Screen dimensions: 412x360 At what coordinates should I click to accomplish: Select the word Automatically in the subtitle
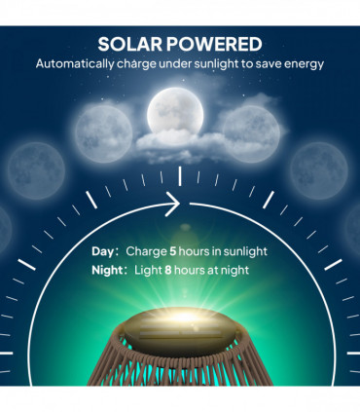pos(79,64)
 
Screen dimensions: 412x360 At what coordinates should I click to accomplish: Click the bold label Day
pos(104,251)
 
